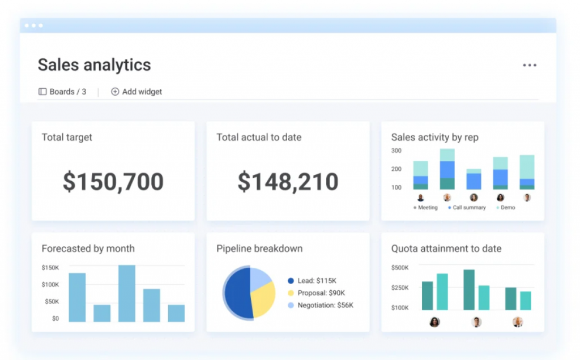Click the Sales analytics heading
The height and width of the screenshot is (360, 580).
95,65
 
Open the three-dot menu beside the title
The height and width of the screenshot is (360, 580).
530,66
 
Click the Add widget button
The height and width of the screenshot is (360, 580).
137,92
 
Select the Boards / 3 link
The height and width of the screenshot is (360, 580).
62,92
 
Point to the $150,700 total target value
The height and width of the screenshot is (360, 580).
113,182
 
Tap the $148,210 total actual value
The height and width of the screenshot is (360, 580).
288,182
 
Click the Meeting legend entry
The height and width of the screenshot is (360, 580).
425,208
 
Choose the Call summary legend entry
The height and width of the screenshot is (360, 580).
467,208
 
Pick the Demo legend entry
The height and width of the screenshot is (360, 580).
506,208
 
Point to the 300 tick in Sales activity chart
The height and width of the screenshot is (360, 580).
396,151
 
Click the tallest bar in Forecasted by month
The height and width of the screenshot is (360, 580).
126,293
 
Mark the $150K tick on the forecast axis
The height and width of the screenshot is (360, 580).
50,268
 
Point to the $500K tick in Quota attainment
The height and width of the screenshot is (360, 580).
400,268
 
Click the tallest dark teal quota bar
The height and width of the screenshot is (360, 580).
469,290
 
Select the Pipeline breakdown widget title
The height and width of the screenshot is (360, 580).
259,248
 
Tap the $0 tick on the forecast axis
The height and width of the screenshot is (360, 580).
56,319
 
